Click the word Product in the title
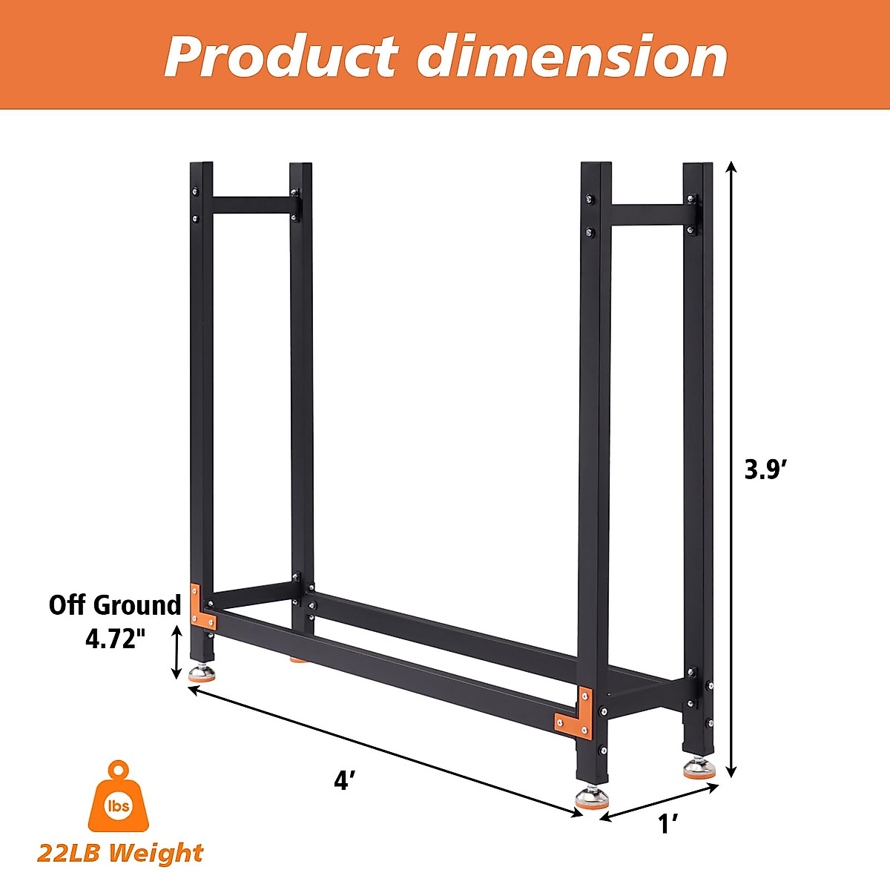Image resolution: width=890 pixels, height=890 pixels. (280, 56)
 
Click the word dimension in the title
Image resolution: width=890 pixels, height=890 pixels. (572, 56)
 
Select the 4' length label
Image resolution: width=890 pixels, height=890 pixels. (345, 779)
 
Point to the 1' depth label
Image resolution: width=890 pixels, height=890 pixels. (669, 823)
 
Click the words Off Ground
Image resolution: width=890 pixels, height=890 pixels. (115, 605)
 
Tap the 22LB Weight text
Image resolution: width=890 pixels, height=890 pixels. (119, 853)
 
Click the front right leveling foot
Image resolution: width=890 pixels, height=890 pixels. (593, 798)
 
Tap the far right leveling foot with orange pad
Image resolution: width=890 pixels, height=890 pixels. (699, 768)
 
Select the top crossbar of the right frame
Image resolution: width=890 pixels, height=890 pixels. (647, 215)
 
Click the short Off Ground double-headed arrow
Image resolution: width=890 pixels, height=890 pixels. (177, 651)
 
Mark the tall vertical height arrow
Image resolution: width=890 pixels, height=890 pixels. (731, 469)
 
